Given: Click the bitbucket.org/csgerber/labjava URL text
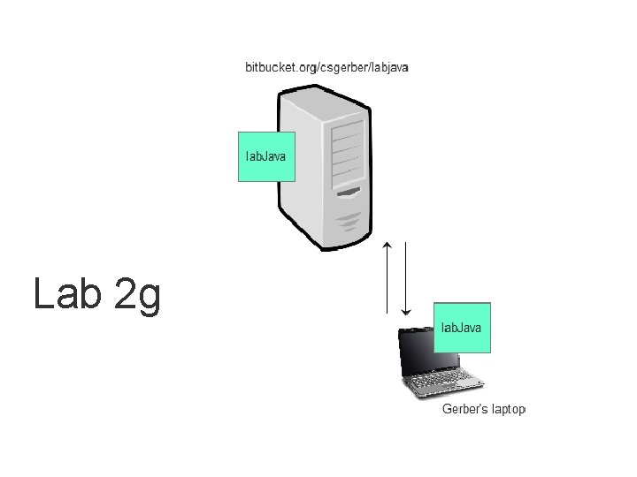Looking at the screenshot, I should [x=326, y=67].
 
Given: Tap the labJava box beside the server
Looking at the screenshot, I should [x=266, y=157].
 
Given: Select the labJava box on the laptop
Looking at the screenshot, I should [x=462, y=328].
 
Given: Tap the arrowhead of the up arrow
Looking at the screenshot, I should [x=387, y=243].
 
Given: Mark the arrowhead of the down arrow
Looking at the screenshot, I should [x=405, y=311].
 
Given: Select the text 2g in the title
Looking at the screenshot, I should [x=137, y=295].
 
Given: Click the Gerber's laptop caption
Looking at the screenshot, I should [x=483, y=409].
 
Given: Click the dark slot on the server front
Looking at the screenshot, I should [x=347, y=192].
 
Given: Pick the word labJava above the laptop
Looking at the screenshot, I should [x=462, y=328].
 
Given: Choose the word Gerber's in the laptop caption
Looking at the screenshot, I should [x=461, y=409].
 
